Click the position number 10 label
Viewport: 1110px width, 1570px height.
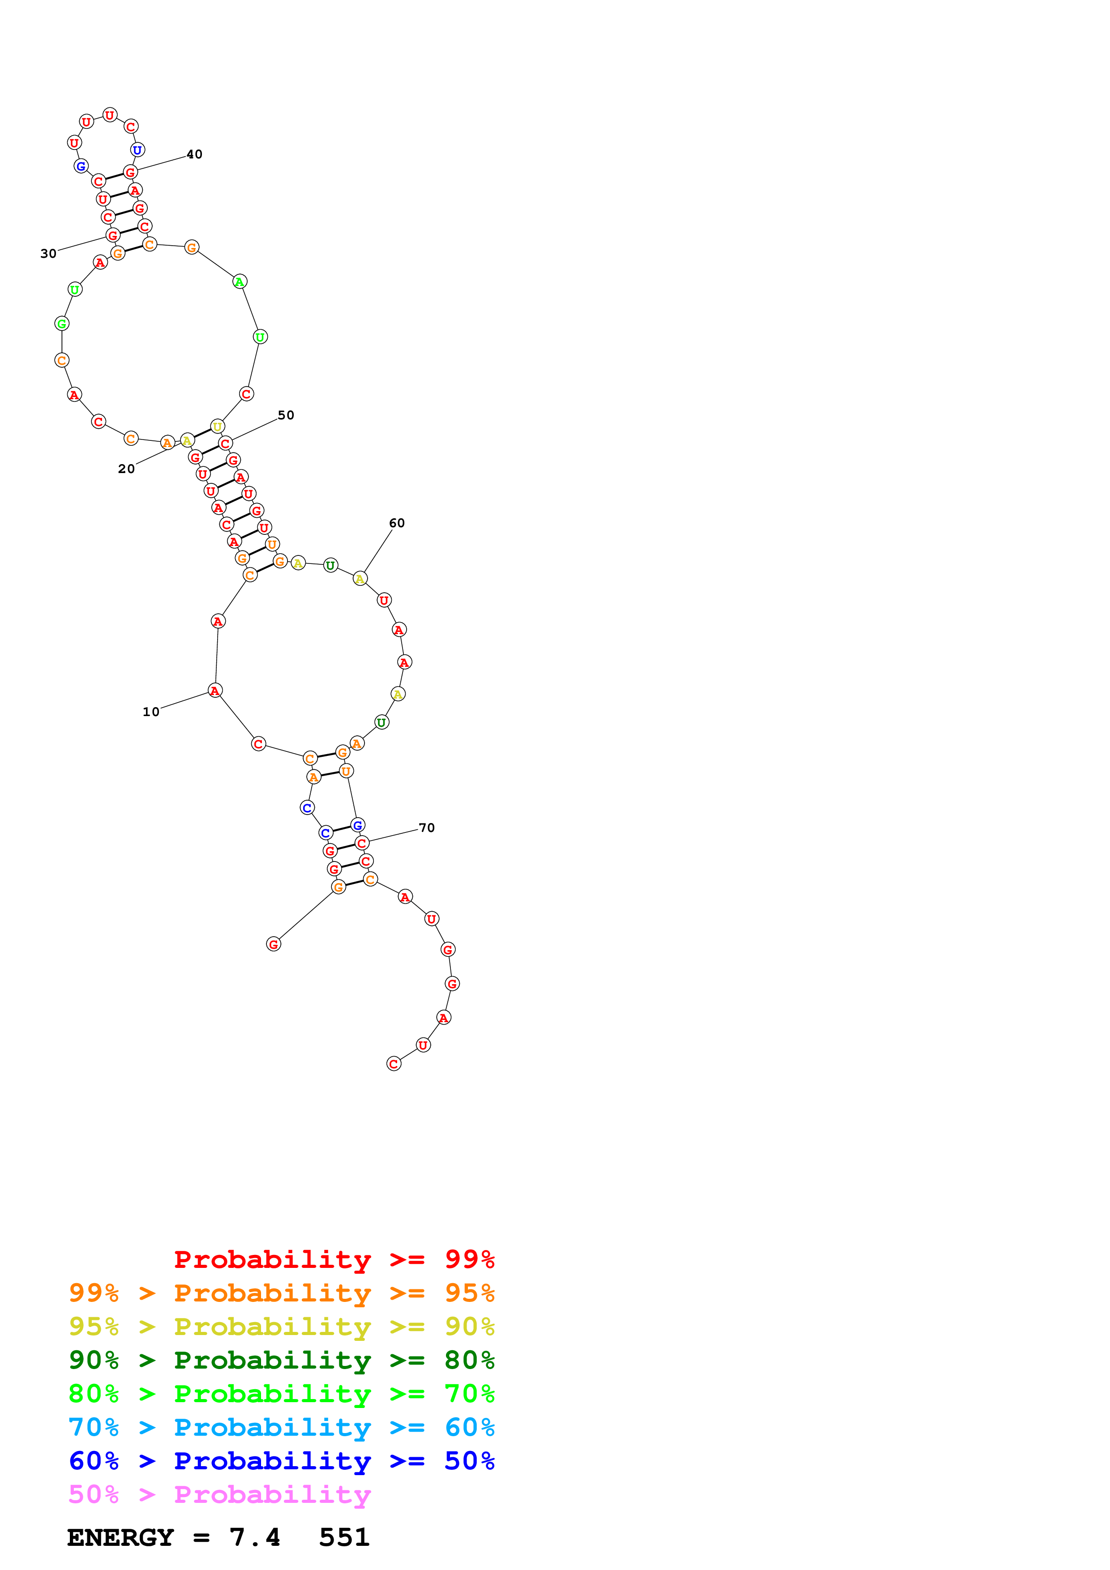coord(150,712)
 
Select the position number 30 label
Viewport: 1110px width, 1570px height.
coord(48,254)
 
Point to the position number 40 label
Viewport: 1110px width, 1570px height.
coord(194,154)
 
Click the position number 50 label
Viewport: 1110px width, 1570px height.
coord(286,415)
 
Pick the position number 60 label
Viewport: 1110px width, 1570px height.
coord(397,523)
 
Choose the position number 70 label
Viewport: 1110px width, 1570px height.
coord(426,828)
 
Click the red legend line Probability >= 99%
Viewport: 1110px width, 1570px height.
coord(334,1259)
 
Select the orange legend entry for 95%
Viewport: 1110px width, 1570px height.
coord(281,1293)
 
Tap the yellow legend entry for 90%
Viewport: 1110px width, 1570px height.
coord(281,1327)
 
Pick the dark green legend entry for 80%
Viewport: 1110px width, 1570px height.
coord(281,1360)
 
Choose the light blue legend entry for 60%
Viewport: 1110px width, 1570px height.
coord(281,1427)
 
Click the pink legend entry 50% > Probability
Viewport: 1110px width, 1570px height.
coord(219,1494)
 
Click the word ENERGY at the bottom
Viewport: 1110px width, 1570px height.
coord(120,1538)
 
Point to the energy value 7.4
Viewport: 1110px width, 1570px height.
coord(254,1538)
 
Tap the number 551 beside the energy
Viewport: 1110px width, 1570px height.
coord(344,1538)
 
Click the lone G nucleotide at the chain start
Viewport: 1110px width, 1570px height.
coord(274,944)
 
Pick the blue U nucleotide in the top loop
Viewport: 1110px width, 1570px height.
coord(137,150)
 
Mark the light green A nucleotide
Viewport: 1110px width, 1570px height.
coord(240,281)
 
